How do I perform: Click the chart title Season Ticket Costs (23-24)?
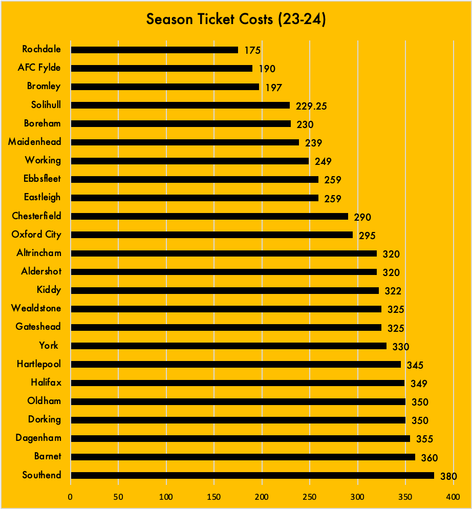click(x=236, y=19)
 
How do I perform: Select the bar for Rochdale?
click(x=154, y=50)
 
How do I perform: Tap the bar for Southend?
click(x=252, y=475)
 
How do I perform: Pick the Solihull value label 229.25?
click(x=311, y=106)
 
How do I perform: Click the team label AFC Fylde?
click(x=39, y=68)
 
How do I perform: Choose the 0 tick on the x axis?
click(x=71, y=496)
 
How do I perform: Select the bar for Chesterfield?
click(x=209, y=216)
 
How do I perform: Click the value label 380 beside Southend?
click(x=448, y=476)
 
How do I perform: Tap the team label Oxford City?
click(x=36, y=234)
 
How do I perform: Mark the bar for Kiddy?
click(x=224, y=290)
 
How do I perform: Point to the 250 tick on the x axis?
click(x=310, y=496)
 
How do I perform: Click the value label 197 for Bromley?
click(x=273, y=88)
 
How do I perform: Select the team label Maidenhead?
click(x=34, y=141)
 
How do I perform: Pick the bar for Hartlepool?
click(x=235, y=364)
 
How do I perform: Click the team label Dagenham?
click(x=38, y=437)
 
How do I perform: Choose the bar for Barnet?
click(x=243, y=457)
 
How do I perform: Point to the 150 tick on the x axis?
click(x=214, y=496)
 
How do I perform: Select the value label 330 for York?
click(x=400, y=347)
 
